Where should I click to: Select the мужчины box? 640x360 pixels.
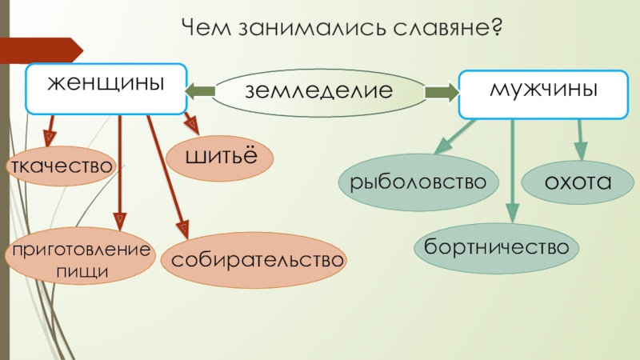pos(543,90)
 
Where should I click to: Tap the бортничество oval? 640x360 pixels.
pos(496,246)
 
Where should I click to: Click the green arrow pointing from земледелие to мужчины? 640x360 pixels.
pos(441,93)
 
